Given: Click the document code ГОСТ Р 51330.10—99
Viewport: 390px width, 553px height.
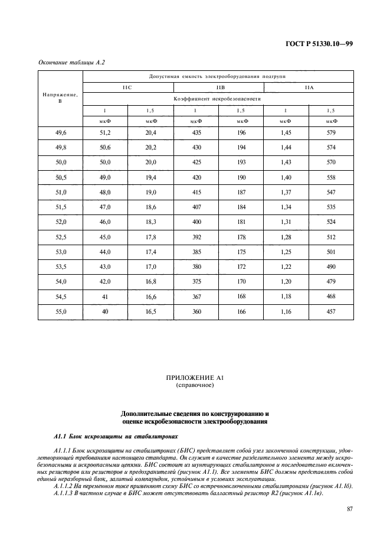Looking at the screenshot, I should click(x=320, y=43).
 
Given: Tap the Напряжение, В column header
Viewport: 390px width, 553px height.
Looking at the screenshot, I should click(x=60, y=97).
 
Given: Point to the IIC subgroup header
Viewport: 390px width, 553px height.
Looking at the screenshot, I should click(x=127, y=87).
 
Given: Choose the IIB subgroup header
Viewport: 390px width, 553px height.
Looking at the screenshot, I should click(x=218, y=87).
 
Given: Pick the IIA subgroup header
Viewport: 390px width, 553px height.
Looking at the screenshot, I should click(x=309, y=87).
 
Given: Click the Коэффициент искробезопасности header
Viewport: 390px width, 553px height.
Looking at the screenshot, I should click(x=218, y=99).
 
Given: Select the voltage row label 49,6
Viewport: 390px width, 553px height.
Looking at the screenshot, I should click(x=60, y=133).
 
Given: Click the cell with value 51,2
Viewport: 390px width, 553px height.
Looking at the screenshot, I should click(x=105, y=133).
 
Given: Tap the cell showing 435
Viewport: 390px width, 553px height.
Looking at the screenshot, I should click(x=196, y=133).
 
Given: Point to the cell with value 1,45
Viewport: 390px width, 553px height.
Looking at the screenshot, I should click(x=286, y=133).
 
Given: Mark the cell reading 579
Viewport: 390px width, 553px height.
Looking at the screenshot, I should click(x=331, y=133).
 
